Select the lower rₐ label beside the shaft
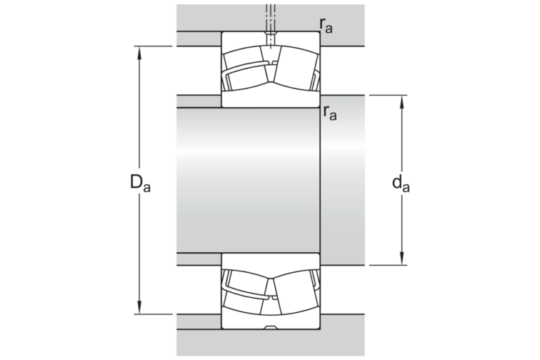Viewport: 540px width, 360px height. coord(329,112)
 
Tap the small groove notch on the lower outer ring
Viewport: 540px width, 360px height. coord(270,327)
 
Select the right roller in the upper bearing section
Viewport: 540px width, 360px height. coord(294,68)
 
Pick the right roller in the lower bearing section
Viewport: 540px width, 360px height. coord(294,292)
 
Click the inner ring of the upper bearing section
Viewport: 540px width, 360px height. coord(270,98)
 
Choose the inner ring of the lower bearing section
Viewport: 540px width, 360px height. coord(270,261)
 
